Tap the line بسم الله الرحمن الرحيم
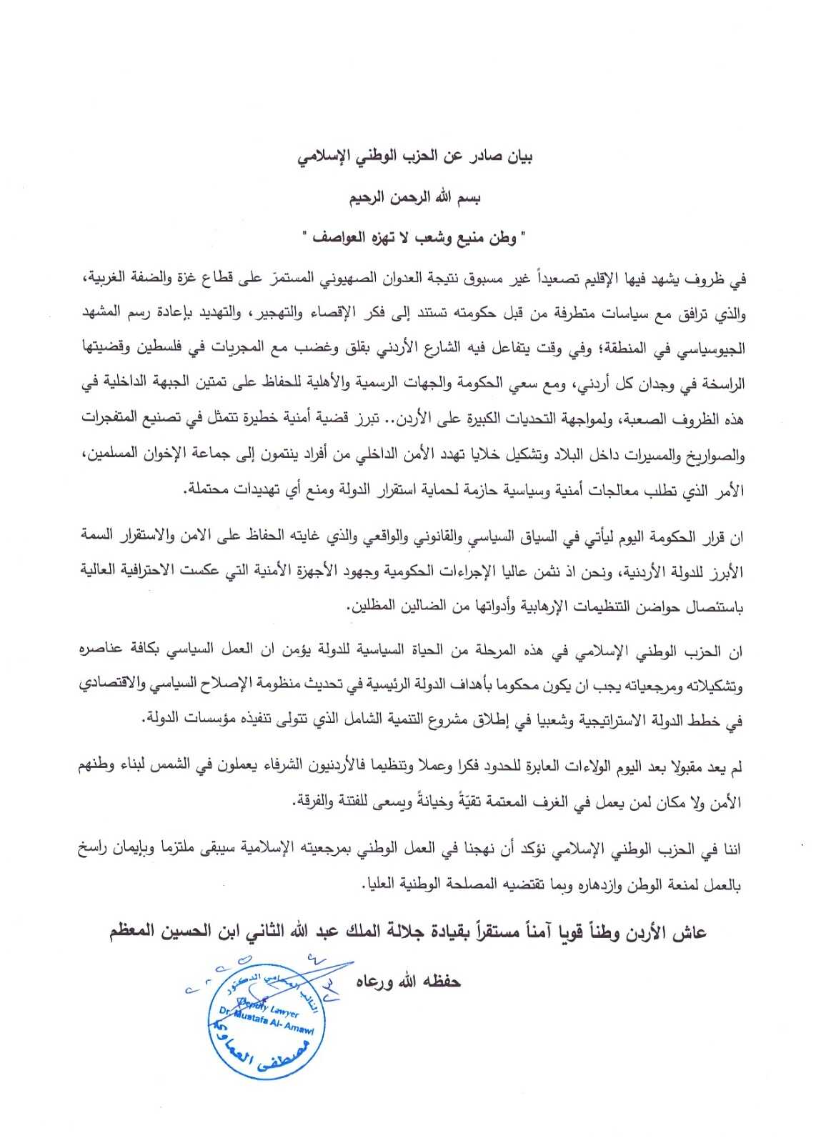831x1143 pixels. [x=415, y=198]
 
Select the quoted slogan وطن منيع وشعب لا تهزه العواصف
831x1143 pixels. [x=415, y=237]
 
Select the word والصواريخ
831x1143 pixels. [x=712, y=454]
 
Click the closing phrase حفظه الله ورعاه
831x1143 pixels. [x=409, y=982]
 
